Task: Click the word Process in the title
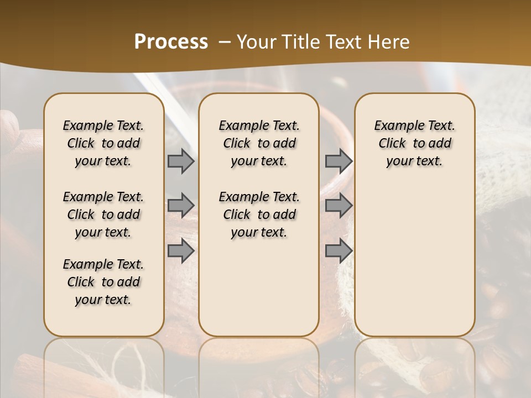click(171, 42)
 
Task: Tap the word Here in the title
click(387, 42)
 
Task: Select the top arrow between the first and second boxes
click(181, 161)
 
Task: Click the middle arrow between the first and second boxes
click(181, 206)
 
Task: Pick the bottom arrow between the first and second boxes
click(181, 251)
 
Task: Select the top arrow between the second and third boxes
click(339, 161)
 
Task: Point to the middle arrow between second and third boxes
click(339, 206)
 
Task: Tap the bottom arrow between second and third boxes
click(339, 251)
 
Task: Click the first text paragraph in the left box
click(103, 143)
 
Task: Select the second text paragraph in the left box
click(103, 214)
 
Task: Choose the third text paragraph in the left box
click(103, 282)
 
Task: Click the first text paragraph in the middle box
click(259, 143)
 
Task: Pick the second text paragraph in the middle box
click(259, 214)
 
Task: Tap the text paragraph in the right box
click(415, 143)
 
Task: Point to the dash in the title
click(224, 42)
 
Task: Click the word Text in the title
click(339, 42)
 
